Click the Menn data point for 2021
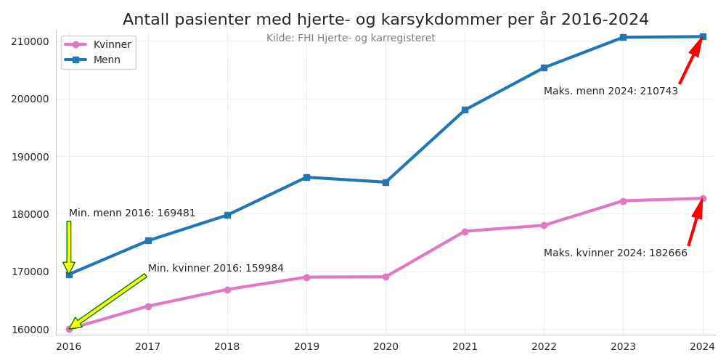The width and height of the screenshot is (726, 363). pos(465,110)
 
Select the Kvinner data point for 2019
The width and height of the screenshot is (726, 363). pos(306,277)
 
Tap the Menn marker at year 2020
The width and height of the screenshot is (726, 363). pos(386,182)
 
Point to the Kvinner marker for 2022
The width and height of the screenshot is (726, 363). pos(544,225)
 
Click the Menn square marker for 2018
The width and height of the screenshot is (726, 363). pos(227,215)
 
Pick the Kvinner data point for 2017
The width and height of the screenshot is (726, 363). pos(148,306)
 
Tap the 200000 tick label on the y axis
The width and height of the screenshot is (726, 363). pos(30,99)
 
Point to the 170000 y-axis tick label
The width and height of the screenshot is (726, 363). pos(30,272)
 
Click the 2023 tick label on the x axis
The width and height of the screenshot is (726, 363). pos(623,347)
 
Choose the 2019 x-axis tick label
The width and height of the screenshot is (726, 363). pos(306,347)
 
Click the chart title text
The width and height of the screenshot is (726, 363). pos(386,20)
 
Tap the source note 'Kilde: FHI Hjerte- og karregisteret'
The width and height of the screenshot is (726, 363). pos(351,38)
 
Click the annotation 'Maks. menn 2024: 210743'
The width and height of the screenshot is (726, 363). pos(611,91)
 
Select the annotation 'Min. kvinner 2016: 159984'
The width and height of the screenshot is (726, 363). pos(216,269)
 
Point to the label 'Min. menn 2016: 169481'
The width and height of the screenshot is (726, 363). pos(132,213)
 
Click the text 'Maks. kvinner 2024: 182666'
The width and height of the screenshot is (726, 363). pos(615,253)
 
